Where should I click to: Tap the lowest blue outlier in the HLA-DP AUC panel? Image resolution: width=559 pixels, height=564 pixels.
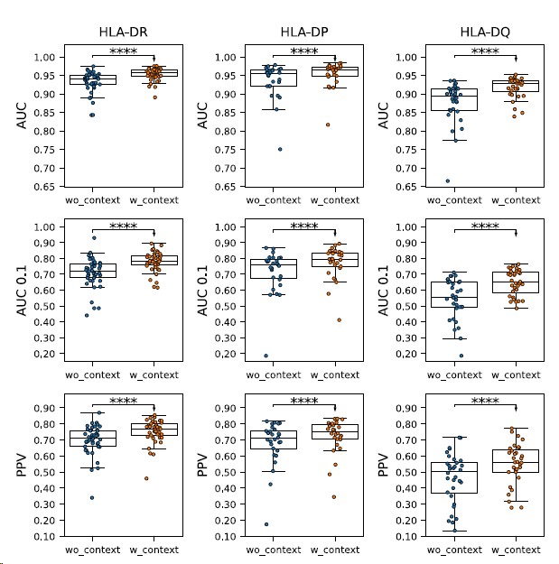pos(280,149)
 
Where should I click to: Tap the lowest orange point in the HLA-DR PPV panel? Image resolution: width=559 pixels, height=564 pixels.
pos(145,478)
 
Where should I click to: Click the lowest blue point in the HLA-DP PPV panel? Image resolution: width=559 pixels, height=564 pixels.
pos(267,523)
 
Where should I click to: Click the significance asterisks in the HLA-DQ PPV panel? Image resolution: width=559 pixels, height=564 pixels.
pos(484,402)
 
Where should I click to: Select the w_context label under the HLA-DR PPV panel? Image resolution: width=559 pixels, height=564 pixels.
pos(154,548)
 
